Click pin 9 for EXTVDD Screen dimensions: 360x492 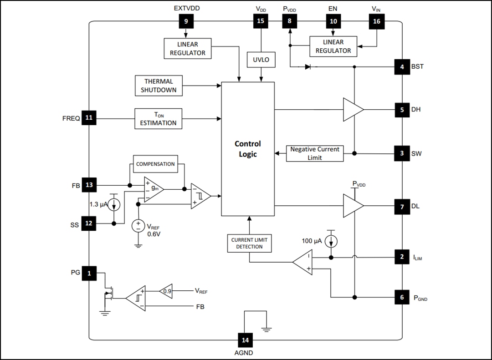186,21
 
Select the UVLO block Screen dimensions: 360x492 261,60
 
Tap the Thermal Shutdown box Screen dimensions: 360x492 158,86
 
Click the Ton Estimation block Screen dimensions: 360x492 158,119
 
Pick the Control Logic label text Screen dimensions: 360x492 247,149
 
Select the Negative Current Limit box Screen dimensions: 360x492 315,153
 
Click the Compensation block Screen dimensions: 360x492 155,164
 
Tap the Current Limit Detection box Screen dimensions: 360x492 249,243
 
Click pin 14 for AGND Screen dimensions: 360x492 246,340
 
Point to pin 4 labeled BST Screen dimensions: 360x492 402,66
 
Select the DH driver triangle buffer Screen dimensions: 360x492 353,110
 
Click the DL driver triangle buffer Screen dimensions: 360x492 353,206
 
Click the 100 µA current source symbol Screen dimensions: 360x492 332,240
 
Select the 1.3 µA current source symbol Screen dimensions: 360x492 114,205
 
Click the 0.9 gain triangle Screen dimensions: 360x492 166,291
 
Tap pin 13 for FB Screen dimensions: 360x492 89,185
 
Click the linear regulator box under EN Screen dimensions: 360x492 333,46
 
